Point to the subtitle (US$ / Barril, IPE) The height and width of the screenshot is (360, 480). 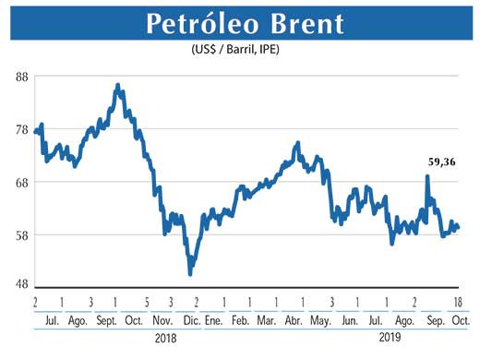pos(239,49)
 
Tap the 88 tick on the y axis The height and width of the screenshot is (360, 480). pos(19,78)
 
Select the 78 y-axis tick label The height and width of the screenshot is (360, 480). pos(19,130)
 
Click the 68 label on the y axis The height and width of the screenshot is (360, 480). pos(19,182)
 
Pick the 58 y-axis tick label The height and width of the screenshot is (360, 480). pos(19,234)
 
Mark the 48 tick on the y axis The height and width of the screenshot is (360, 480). pos(19,285)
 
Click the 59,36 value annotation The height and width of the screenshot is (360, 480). pos(442,162)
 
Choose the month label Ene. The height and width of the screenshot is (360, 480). pos(213,320)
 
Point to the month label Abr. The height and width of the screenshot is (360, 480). pos(293,320)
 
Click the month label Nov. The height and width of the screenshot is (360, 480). pos(162,320)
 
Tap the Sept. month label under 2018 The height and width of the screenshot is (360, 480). pos(105,320)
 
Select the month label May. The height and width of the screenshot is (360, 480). pos(321,320)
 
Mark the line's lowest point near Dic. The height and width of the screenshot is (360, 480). pos(190,274)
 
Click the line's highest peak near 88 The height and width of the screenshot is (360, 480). pos(117,85)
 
